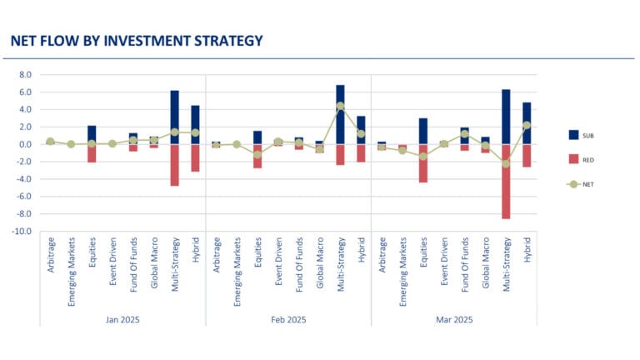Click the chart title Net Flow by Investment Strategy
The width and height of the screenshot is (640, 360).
point(136,40)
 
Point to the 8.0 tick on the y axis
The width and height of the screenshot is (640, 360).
point(24,74)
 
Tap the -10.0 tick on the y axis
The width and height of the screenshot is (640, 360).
point(22,232)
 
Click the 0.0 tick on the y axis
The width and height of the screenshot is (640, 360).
point(24,144)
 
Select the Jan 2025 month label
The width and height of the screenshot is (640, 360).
point(122,319)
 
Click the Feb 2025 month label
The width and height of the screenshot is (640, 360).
point(287,319)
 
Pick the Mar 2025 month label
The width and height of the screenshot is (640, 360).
point(453,319)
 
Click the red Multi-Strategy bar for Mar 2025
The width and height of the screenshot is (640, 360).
point(506,181)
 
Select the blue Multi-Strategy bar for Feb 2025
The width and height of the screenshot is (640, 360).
point(340,114)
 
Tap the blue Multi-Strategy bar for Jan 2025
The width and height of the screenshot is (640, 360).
point(174,117)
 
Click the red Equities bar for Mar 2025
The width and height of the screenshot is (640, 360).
point(423,163)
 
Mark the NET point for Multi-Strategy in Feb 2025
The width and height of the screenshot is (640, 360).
point(340,106)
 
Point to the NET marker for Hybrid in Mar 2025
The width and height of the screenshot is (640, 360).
point(527,125)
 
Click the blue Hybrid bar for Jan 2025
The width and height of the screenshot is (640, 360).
point(195,124)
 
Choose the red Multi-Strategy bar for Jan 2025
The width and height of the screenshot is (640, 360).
point(174,165)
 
